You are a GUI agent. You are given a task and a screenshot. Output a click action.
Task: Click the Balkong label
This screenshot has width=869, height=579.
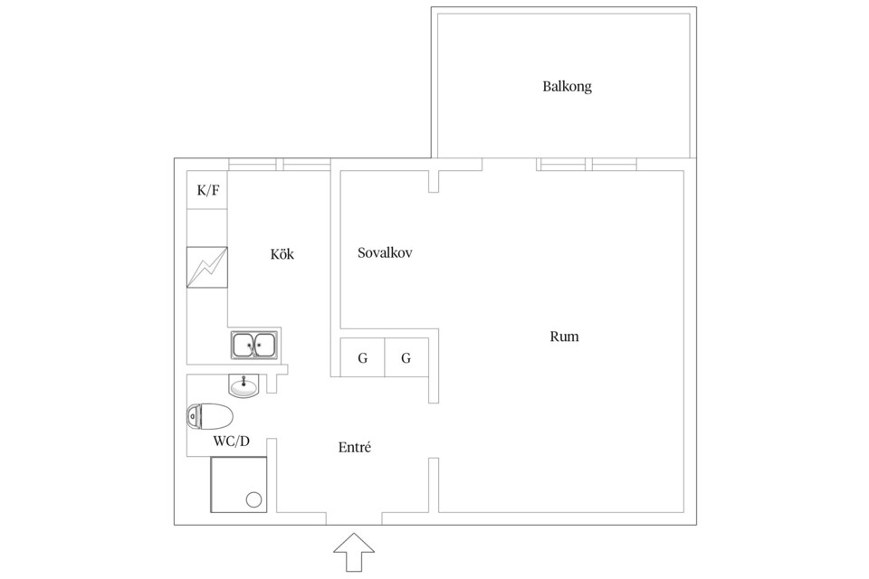pos(567,87)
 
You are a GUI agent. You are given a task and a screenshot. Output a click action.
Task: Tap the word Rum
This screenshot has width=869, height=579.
pos(564,337)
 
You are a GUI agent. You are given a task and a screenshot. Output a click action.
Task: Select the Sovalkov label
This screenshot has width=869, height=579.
pos(385,253)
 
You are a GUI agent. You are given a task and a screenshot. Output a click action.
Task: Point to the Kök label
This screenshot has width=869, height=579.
pos(282,253)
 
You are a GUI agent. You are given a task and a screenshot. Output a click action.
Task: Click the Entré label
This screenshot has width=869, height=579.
pos(355,447)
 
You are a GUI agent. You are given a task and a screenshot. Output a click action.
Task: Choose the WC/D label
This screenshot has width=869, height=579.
pos(232,441)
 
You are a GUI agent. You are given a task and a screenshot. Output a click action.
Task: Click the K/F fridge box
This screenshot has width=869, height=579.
pos(206,190)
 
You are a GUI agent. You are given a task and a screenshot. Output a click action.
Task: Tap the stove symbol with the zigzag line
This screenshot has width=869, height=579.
pos(206,267)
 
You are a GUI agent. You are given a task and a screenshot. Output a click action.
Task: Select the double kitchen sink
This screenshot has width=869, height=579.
pos(254,345)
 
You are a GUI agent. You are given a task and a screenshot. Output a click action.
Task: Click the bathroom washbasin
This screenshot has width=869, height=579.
pos(244,385)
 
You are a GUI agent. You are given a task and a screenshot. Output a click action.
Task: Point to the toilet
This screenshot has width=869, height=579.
pos(209,416)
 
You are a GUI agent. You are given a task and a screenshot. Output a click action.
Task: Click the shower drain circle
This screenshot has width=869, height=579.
pos(253,499)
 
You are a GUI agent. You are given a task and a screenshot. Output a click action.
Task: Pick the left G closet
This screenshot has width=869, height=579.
pos(362,357)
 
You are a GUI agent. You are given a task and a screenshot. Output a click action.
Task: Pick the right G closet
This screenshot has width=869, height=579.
pos(406,357)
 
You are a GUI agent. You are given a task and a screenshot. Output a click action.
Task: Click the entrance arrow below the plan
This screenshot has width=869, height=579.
pos(354,553)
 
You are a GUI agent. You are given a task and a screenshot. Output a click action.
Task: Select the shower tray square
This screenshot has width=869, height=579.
pos(238,485)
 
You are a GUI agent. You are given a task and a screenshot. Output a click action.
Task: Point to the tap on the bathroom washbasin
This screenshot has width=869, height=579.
pos(244,380)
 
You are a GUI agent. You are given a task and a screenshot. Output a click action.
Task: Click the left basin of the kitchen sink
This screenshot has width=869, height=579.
pos(244,346)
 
